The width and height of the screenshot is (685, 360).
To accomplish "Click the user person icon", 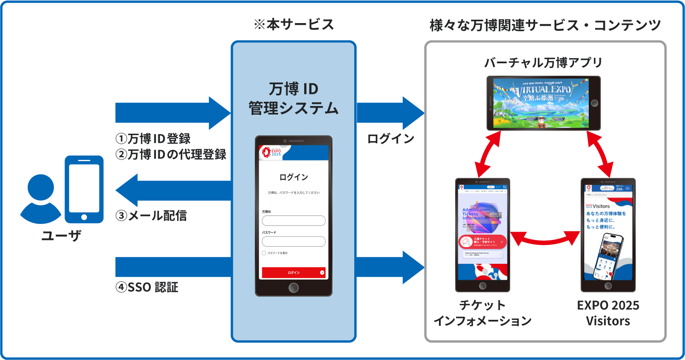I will (x=41, y=199).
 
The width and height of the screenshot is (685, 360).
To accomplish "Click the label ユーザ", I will (x=61, y=235).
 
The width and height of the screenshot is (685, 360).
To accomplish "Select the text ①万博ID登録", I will (x=153, y=139).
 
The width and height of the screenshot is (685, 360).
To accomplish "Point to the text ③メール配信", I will (x=151, y=215).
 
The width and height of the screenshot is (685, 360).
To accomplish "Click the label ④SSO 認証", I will (x=147, y=287).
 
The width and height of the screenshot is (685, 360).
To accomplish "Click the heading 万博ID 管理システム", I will (x=294, y=99).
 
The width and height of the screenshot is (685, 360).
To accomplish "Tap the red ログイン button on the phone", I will (x=294, y=272).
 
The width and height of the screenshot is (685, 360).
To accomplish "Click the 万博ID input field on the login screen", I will (x=294, y=221).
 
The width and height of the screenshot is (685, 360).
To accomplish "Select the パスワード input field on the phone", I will (x=294, y=242).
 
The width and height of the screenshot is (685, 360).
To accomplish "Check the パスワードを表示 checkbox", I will (x=264, y=253).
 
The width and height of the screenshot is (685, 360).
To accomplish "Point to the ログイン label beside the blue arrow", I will (x=391, y=139).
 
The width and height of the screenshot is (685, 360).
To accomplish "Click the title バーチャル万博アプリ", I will (x=543, y=63).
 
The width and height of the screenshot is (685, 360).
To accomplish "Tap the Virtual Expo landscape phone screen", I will (x=541, y=103).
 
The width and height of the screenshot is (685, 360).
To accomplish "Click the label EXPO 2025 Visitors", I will (x=608, y=313).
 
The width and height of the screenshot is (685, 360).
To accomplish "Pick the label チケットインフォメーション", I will (x=483, y=313).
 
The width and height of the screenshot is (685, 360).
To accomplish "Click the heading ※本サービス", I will (x=294, y=24).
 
